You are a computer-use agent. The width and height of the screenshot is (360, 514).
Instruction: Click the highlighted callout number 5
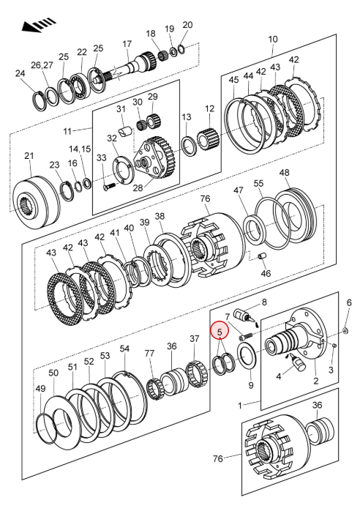pos(220,332)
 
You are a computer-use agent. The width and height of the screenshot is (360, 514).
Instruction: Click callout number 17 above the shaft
pos(127,43)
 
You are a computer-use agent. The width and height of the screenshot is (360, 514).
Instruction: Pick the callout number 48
pos(285,172)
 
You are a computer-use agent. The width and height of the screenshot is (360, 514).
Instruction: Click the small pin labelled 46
pos(263,256)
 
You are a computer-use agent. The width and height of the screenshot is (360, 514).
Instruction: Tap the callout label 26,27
pos(42,65)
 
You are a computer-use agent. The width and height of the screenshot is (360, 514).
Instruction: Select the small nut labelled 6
pos(345,329)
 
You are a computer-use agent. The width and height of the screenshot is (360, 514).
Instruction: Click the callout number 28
pos(138,188)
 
